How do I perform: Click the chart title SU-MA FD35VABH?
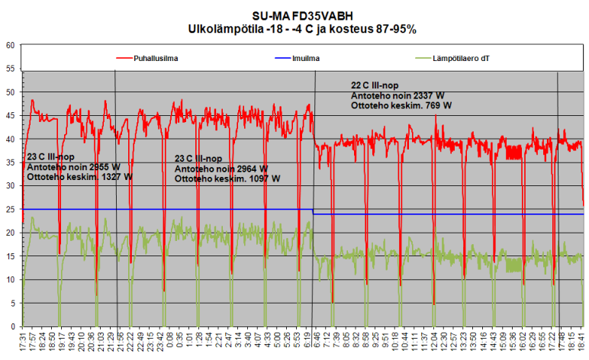click(295, 15)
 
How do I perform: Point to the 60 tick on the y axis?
click(11, 45)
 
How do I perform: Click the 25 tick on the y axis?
click(11, 209)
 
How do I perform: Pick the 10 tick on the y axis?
click(11, 279)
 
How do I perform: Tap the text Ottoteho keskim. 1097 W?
click(227, 178)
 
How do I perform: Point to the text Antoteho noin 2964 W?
click(220, 169)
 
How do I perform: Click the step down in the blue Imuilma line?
click(314, 211)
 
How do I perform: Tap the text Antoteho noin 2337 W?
click(397, 96)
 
